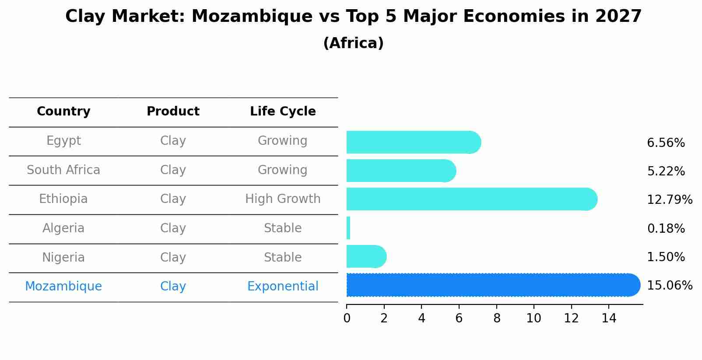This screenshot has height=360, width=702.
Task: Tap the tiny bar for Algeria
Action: tap(348, 228)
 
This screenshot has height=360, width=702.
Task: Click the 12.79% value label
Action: tap(669, 200)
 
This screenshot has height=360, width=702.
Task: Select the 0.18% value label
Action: tap(666, 228)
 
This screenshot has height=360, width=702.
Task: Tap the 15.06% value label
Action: tap(669, 286)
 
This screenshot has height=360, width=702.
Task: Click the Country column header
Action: tap(63, 112)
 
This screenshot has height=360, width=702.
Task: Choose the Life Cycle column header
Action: tap(283, 112)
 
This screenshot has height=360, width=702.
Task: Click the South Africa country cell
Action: tap(63, 170)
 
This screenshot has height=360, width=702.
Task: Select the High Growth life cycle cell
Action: tap(283, 199)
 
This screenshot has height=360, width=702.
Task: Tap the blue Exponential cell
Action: tap(283, 287)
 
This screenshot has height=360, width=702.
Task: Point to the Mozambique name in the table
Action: tap(63, 287)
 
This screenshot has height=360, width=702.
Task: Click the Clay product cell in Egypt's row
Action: tap(173, 141)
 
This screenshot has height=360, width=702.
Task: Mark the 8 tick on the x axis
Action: tap(497, 318)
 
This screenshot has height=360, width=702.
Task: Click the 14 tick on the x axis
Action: tap(609, 318)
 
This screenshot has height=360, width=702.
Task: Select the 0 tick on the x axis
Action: tap(347, 318)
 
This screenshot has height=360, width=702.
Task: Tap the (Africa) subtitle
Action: tap(353, 43)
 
